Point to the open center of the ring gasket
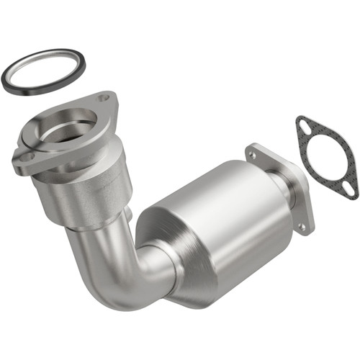pyautogui.click(x=43, y=70)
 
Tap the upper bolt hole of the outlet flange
pyautogui.click(x=252, y=153)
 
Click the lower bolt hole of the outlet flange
pyautogui.click(x=302, y=226)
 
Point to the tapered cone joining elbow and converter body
pyautogui.click(x=162, y=252)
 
